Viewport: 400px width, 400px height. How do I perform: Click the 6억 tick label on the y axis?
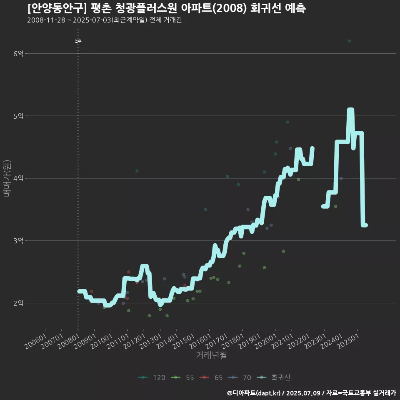coord(18,53)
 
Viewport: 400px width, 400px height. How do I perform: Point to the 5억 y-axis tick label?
coord(18,116)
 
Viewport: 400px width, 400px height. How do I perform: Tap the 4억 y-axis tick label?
coord(18,178)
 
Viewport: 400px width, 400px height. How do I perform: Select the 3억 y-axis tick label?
coord(18,241)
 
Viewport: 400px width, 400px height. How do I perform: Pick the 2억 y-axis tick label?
coord(18,303)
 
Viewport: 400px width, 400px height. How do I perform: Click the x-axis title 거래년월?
coord(211,355)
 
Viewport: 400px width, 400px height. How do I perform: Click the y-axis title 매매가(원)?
coord(7,178)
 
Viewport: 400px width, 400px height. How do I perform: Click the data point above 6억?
coord(349,41)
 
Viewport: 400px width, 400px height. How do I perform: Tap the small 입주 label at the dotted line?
coord(78,41)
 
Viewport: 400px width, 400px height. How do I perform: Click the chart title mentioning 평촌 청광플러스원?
coord(167,8)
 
